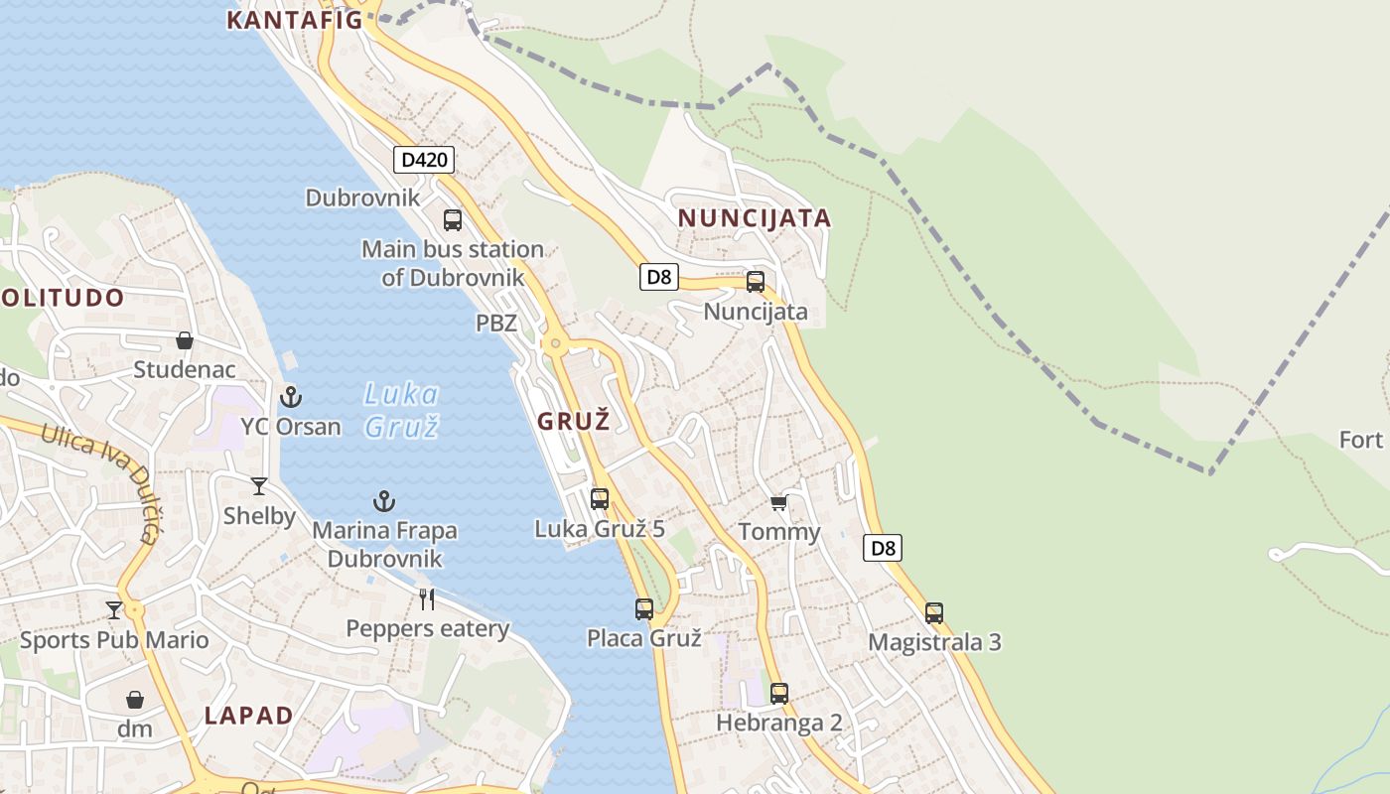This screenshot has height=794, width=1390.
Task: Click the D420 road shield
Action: pyautogui.click(x=424, y=159)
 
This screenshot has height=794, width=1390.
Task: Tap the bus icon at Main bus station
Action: pyautogui.click(x=453, y=219)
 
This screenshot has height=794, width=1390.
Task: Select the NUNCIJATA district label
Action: pyautogui.click(x=754, y=218)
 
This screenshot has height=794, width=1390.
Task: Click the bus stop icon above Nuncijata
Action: pyautogui.click(x=756, y=281)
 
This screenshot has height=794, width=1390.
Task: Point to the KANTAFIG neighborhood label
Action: pyautogui.click(x=294, y=20)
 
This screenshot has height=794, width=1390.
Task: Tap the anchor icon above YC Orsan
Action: pyautogui.click(x=290, y=397)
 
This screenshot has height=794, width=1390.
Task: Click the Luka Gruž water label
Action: pyautogui.click(x=401, y=410)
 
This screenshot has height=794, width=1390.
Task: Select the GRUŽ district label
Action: pyautogui.click(x=573, y=421)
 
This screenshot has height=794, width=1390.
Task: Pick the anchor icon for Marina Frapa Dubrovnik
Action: pyautogui.click(x=384, y=501)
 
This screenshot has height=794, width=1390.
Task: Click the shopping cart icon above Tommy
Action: pyautogui.click(x=779, y=502)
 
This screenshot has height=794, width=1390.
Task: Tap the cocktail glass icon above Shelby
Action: pyautogui.click(x=259, y=485)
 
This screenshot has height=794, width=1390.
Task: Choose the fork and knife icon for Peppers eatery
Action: pyautogui.click(x=427, y=598)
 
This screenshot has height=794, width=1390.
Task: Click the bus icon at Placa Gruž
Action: pyautogui.click(x=644, y=608)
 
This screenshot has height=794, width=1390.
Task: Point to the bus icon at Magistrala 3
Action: pyautogui.click(x=934, y=612)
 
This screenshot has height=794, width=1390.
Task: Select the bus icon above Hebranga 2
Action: pyautogui.click(x=779, y=693)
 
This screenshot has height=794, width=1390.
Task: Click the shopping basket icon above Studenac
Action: pyautogui.click(x=185, y=340)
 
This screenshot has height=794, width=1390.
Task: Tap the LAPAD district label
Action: pyautogui.click(x=248, y=716)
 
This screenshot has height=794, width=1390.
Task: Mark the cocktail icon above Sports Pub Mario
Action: pyautogui.click(x=114, y=609)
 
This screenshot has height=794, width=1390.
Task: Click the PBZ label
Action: pyautogui.click(x=496, y=323)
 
